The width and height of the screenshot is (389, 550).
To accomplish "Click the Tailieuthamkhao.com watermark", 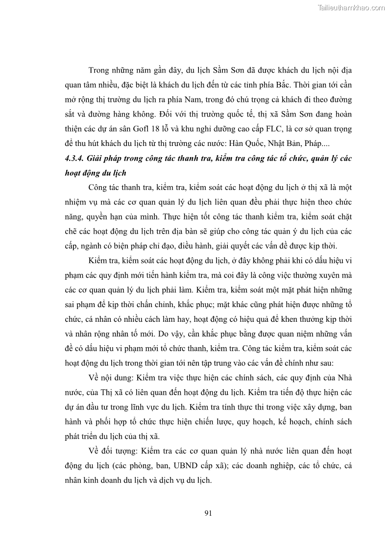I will click(x=351, y=7).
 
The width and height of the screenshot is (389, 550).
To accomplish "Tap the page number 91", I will click(x=207, y=513).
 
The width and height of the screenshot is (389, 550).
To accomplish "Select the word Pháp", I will click(x=316, y=144).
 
